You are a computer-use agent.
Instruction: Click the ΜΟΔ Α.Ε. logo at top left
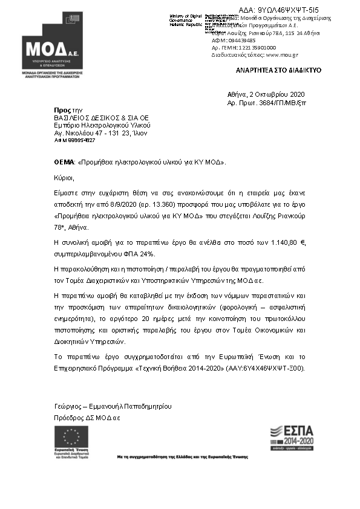pos(51,52)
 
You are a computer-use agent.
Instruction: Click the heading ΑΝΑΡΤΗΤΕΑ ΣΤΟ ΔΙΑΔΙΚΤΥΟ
pos(278,71)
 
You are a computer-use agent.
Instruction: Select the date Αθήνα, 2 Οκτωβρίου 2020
pos(266,94)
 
